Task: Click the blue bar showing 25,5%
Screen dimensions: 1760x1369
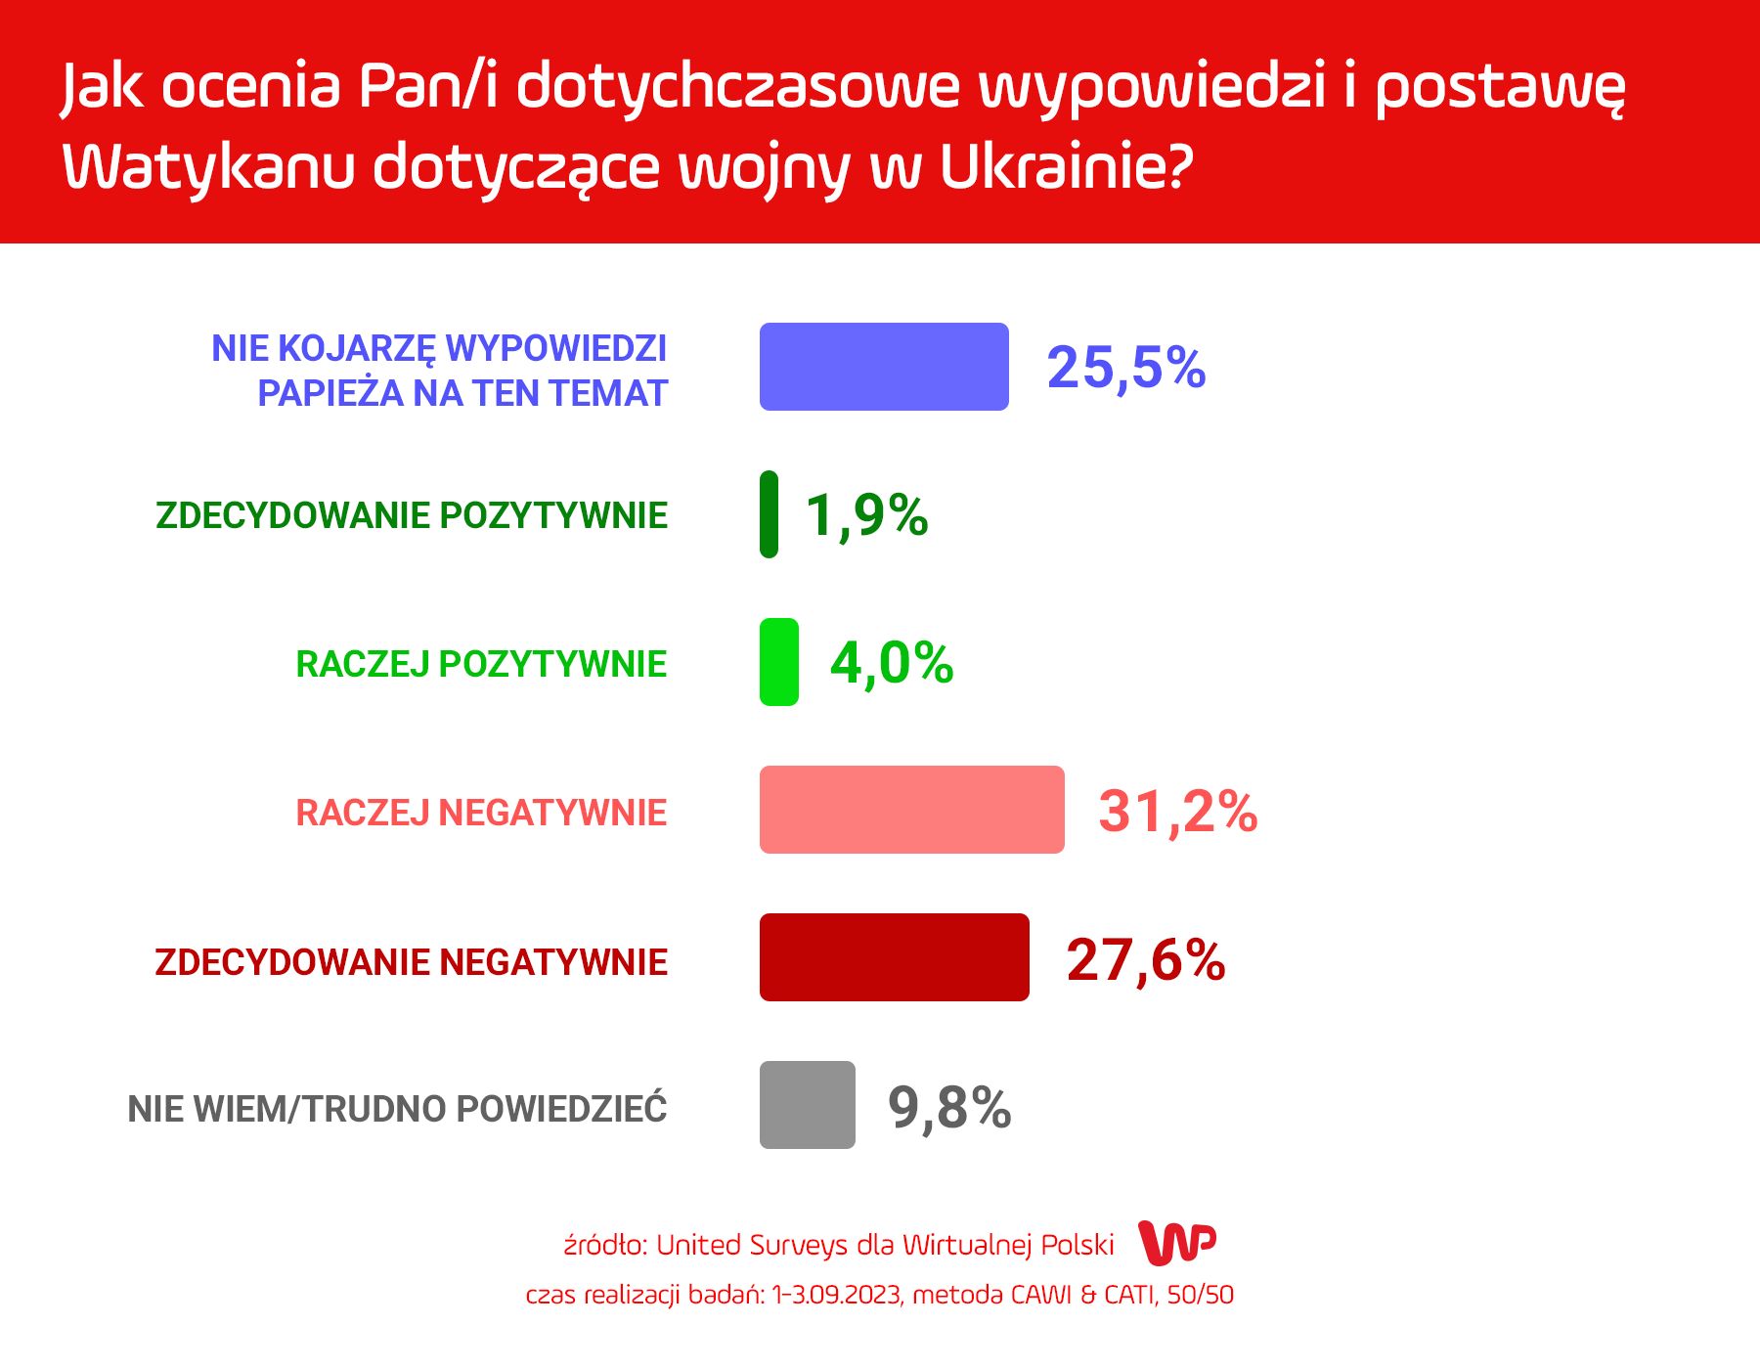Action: [884, 367]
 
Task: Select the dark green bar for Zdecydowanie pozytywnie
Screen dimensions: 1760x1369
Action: [770, 514]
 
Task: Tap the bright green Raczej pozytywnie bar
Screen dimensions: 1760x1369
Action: [779, 662]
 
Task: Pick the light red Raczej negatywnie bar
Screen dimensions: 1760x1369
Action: [912, 810]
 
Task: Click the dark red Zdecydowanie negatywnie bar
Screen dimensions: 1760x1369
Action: [895, 957]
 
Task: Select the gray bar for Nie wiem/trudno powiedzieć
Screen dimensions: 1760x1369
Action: [808, 1105]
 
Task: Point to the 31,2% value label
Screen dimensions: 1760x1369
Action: [1178, 813]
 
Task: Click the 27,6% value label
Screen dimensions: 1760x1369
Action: [1146, 960]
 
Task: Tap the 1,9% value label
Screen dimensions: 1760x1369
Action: [867, 516]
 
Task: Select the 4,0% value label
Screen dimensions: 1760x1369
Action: [892, 664]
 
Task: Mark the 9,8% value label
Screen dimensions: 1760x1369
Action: [949, 1109]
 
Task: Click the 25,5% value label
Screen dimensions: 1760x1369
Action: [1126, 369]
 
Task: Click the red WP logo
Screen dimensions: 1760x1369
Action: [1178, 1243]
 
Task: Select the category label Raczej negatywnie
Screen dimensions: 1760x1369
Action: [481, 813]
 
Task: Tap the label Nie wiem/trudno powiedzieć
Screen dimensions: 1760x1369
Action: [397, 1109]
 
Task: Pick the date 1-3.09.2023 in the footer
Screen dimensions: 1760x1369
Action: [836, 1295]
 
